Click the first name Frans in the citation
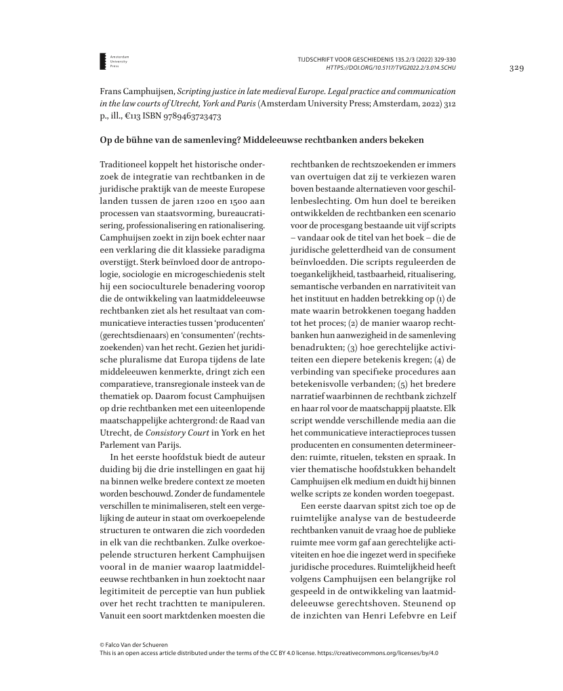coord(111,90)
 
